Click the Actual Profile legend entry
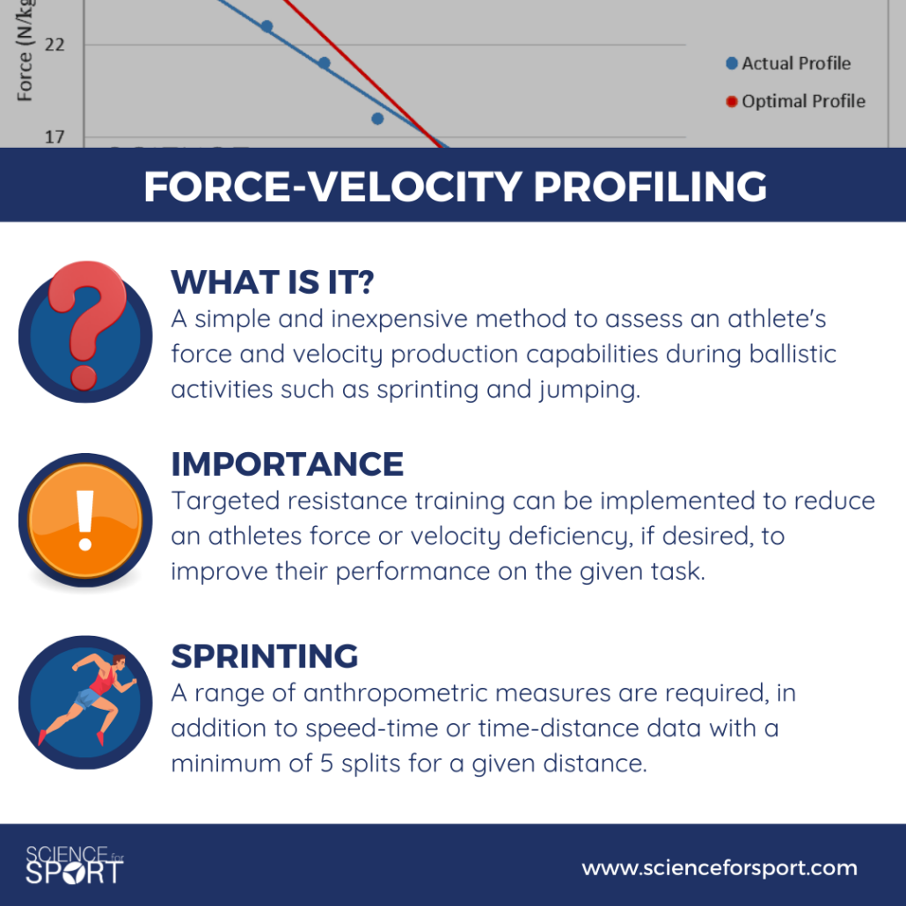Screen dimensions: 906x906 tap(789, 63)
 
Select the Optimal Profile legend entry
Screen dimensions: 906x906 tap(796, 101)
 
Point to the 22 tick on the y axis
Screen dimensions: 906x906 tap(55, 45)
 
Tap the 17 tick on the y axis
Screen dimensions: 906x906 tap(55, 137)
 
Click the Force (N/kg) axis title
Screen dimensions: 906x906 tap(25, 51)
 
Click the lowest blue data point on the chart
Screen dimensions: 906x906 tap(377, 119)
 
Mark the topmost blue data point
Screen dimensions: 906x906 tap(267, 26)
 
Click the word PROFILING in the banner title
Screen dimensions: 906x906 tap(650, 186)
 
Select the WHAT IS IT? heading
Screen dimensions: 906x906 tap(273, 282)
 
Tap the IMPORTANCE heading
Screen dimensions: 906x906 tap(287, 464)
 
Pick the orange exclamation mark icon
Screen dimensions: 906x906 tap(85, 520)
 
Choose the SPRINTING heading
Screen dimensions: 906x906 tap(265, 656)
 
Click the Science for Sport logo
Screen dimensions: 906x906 tap(75, 865)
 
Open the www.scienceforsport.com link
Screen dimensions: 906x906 tap(720, 868)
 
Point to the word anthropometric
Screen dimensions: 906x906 tap(457, 692)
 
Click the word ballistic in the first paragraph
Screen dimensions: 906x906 tap(793, 354)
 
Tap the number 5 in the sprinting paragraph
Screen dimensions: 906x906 tap(326, 764)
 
